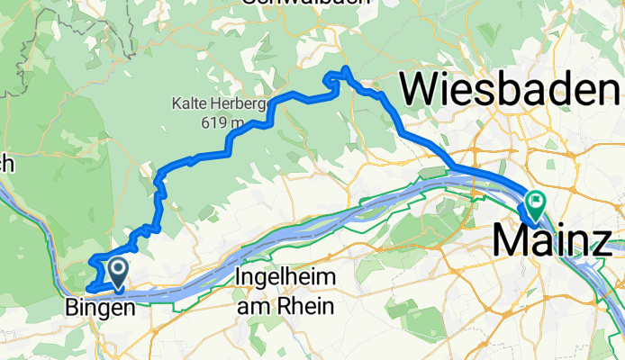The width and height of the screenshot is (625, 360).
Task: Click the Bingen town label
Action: pyautogui.click(x=100, y=308)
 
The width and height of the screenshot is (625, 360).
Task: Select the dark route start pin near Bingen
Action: pyautogui.click(x=117, y=271)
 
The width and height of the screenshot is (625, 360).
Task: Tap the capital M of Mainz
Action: pyautogui.click(x=510, y=241)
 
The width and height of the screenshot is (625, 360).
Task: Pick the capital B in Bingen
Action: pyautogui.click(x=73, y=308)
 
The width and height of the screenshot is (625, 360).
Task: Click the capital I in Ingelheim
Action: pyautogui.click(x=237, y=276)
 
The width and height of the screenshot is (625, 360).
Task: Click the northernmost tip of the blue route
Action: pyautogui.click(x=346, y=68)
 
